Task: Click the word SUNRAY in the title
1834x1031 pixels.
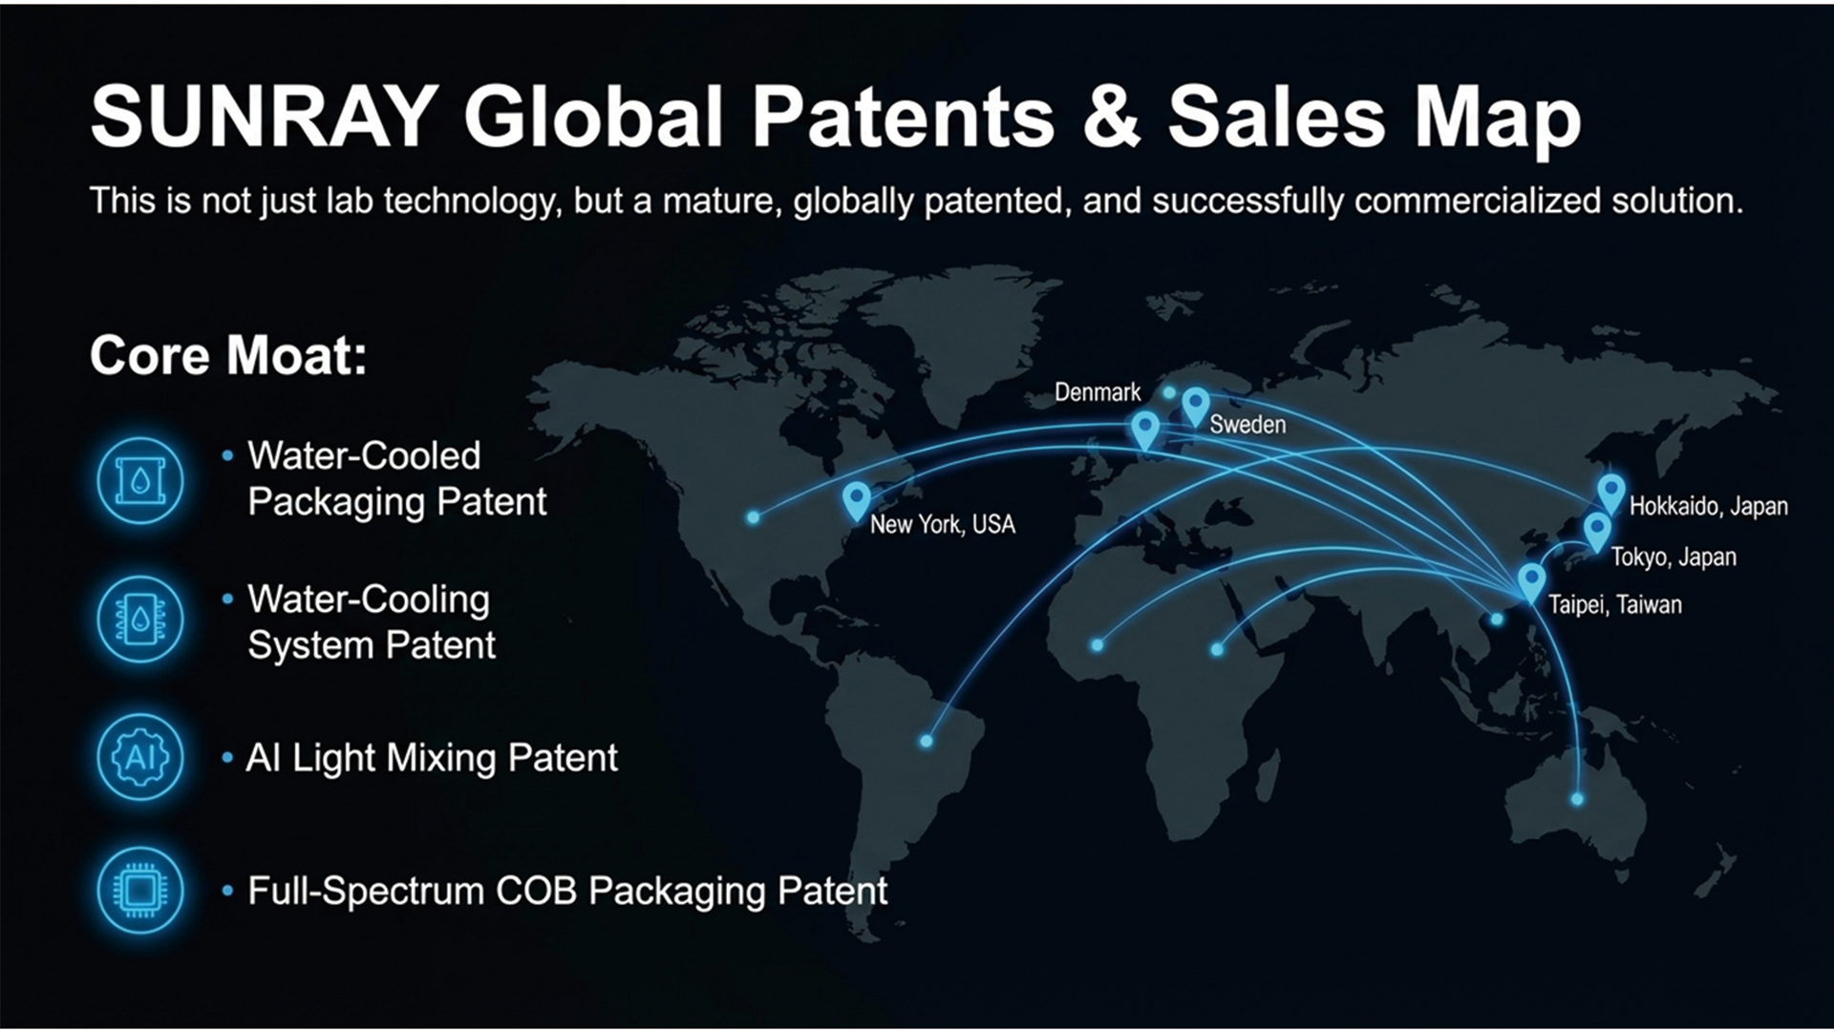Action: pyautogui.click(x=265, y=116)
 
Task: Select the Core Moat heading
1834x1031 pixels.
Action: pyautogui.click(x=228, y=355)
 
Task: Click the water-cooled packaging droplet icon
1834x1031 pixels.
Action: pyautogui.click(x=140, y=480)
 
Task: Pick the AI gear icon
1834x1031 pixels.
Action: pyautogui.click(x=140, y=757)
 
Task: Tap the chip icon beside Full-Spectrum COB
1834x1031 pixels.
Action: pyautogui.click(x=140, y=890)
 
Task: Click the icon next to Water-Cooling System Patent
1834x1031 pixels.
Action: pyautogui.click(x=140, y=620)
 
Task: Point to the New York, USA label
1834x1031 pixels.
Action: pyautogui.click(x=942, y=524)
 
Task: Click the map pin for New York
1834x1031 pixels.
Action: pyautogui.click(x=857, y=500)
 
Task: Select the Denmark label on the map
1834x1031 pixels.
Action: pyautogui.click(x=1098, y=392)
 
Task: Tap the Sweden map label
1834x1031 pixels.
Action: pyautogui.click(x=1248, y=424)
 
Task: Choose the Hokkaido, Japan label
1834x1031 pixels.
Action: pyautogui.click(x=1708, y=506)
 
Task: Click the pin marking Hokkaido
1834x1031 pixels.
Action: pyautogui.click(x=1611, y=494)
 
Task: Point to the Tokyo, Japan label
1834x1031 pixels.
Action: pyautogui.click(x=1674, y=557)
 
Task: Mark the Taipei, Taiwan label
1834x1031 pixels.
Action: pyautogui.click(x=1614, y=604)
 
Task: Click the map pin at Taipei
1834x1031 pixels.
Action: pyautogui.click(x=1531, y=582)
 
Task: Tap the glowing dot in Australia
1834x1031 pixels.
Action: pyautogui.click(x=1577, y=799)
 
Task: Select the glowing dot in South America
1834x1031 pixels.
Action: pyautogui.click(x=926, y=741)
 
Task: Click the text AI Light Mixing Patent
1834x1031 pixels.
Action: pyautogui.click(x=432, y=758)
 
